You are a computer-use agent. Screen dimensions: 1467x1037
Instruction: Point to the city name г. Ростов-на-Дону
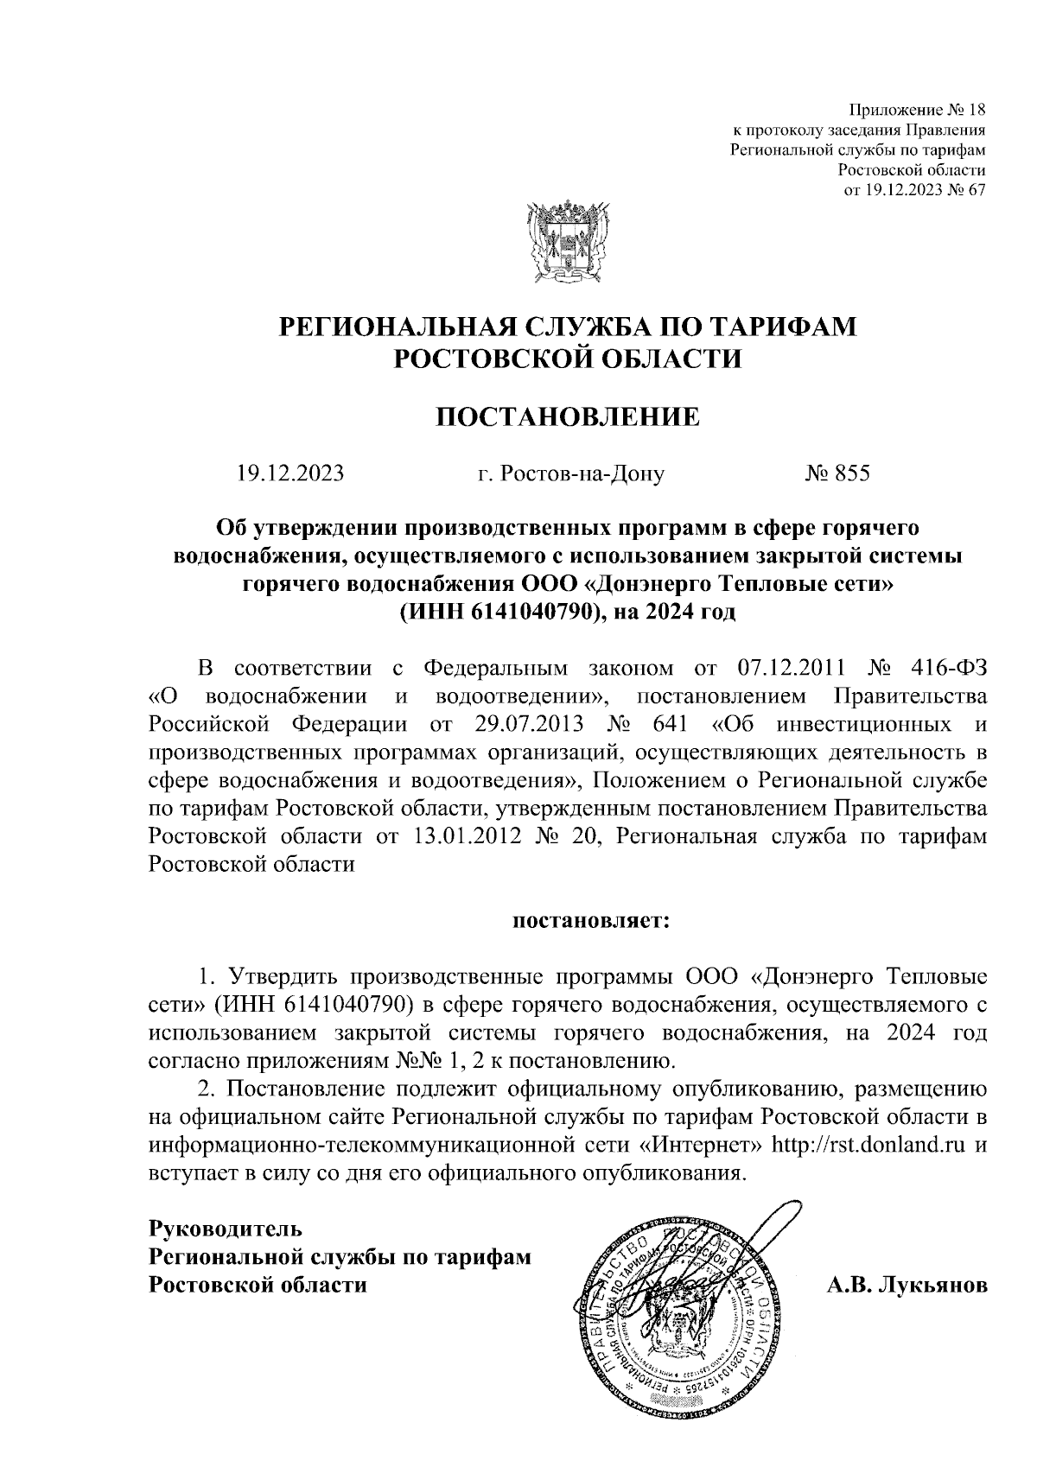[x=571, y=473]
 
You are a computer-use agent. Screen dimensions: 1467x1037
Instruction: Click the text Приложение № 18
[x=917, y=111]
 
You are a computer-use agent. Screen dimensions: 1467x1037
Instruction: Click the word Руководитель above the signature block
[x=226, y=1227]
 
